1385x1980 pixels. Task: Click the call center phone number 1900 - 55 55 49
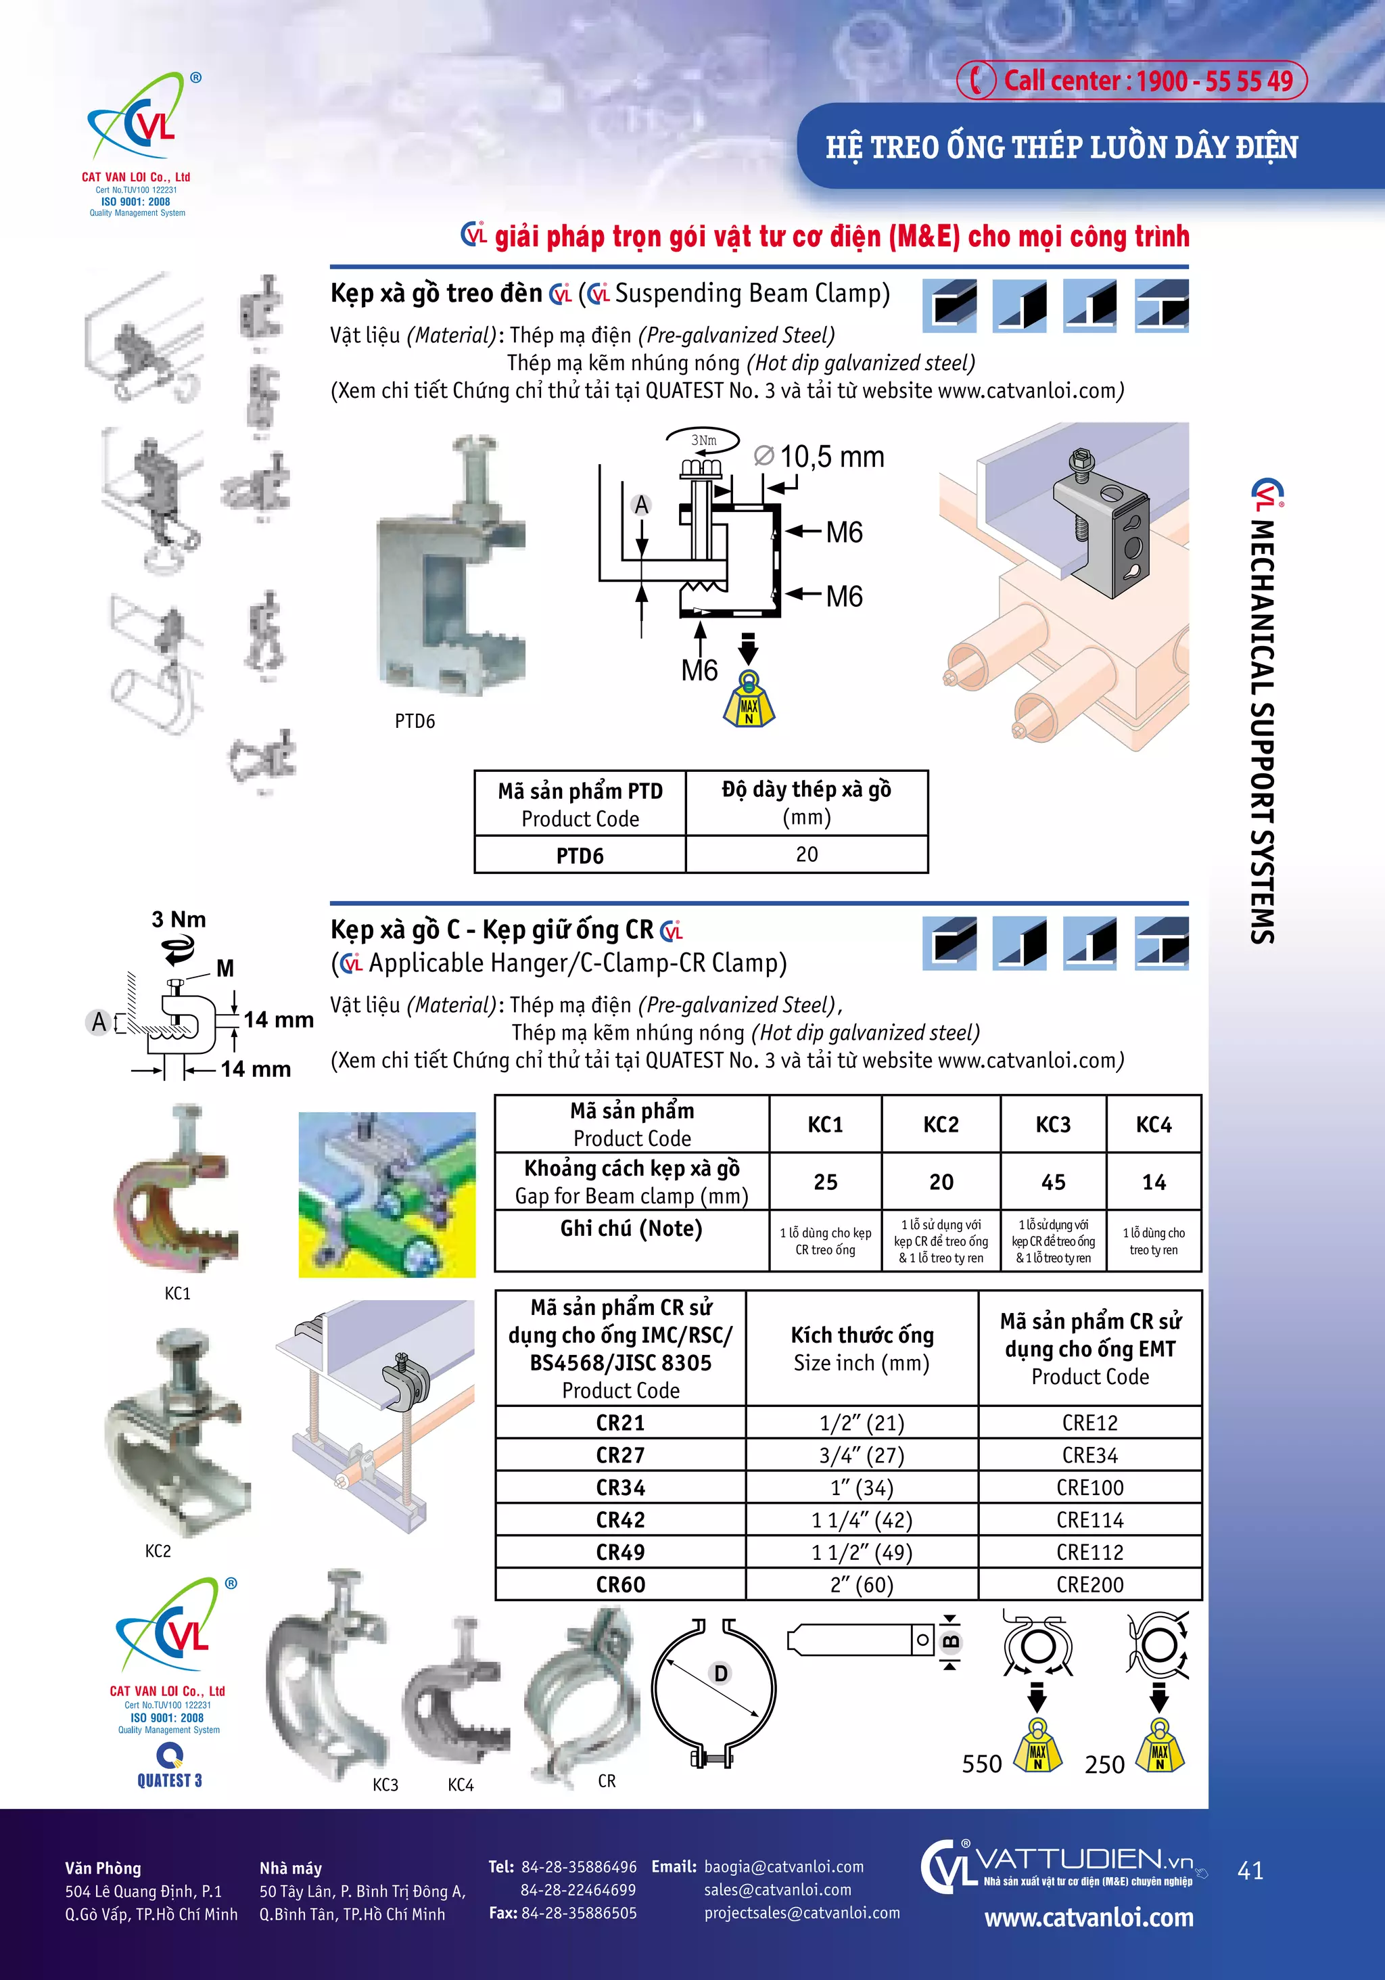[1215, 81]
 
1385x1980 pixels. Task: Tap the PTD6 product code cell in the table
[580, 856]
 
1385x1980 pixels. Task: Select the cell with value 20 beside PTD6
[806, 854]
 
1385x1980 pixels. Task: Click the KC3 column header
[1053, 1124]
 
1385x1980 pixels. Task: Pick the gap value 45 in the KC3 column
[1053, 1182]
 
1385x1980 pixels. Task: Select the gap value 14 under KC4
[1153, 1182]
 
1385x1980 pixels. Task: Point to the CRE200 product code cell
[1089, 1584]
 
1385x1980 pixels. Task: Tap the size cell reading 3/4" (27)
[862, 1456]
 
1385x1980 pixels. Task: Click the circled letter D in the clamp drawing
[721, 1674]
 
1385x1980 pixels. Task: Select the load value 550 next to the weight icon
[981, 1764]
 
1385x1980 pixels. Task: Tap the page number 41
[1250, 1870]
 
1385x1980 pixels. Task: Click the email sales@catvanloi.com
[777, 1889]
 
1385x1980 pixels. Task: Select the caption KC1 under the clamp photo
[178, 1293]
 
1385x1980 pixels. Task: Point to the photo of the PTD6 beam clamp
[450, 569]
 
